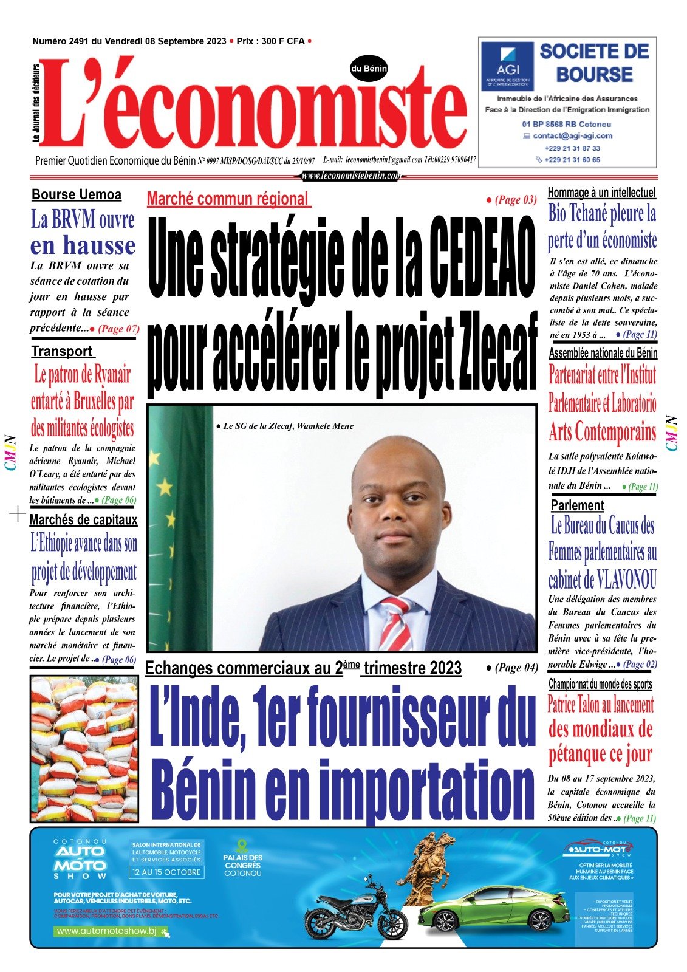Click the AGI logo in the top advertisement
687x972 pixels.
pyautogui.click(x=507, y=66)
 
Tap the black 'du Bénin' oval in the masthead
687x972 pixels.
pyautogui.click(x=369, y=69)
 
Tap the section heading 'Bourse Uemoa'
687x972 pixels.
pyautogui.click(x=77, y=195)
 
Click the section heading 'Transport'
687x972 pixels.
pyautogui.click(x=62, y=351)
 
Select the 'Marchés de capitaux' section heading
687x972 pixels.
pyautogui.click(x=83, y=520)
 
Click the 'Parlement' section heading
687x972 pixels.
pyautogui.click(x=577, y=505)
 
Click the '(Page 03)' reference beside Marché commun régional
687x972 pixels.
pyautogui.click(x=512, y=199)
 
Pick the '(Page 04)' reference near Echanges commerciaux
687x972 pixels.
pyautogui.click(x=513, y=668)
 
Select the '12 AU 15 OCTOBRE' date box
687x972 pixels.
pyautogui.click(x=166, y=872)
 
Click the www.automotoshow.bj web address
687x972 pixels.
pyautogui.click(x=107, y=931)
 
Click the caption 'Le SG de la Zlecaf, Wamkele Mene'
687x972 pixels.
pyautogui.click(x=284, y=426)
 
